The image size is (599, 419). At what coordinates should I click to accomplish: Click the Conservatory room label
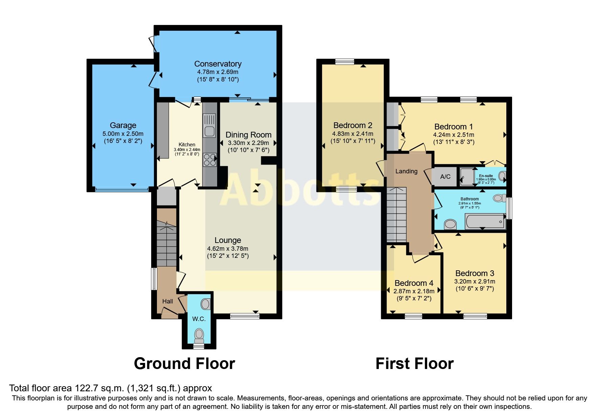click(217, 64)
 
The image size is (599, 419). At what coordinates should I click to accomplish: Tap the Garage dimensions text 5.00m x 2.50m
click(123, 134)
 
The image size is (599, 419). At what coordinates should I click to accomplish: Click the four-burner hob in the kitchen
click(209, 160)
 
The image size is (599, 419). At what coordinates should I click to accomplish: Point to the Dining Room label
click(248, 135)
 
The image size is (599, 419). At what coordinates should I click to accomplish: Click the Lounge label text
click(228, 240)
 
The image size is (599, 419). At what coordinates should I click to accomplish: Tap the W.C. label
click(199, 319)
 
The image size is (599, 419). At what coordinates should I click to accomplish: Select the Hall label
click(167, 301)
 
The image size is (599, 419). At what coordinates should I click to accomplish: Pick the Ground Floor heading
click(184, 364)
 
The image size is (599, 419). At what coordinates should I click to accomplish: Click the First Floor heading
click(414, 364)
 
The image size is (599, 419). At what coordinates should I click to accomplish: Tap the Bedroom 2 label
click(353, 125)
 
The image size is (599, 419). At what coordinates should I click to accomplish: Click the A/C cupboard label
click(445, 177)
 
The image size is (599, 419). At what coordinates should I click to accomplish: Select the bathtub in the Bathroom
click(485, 222)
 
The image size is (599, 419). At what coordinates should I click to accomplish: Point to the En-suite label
click(486, 176)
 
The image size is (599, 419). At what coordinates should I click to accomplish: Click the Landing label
click(406, 171)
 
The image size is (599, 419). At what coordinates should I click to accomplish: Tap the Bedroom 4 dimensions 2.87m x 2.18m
click(414, 291)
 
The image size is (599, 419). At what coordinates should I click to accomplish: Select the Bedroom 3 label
click(475, 273)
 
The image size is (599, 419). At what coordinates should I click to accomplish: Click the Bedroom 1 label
click(453, 127)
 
